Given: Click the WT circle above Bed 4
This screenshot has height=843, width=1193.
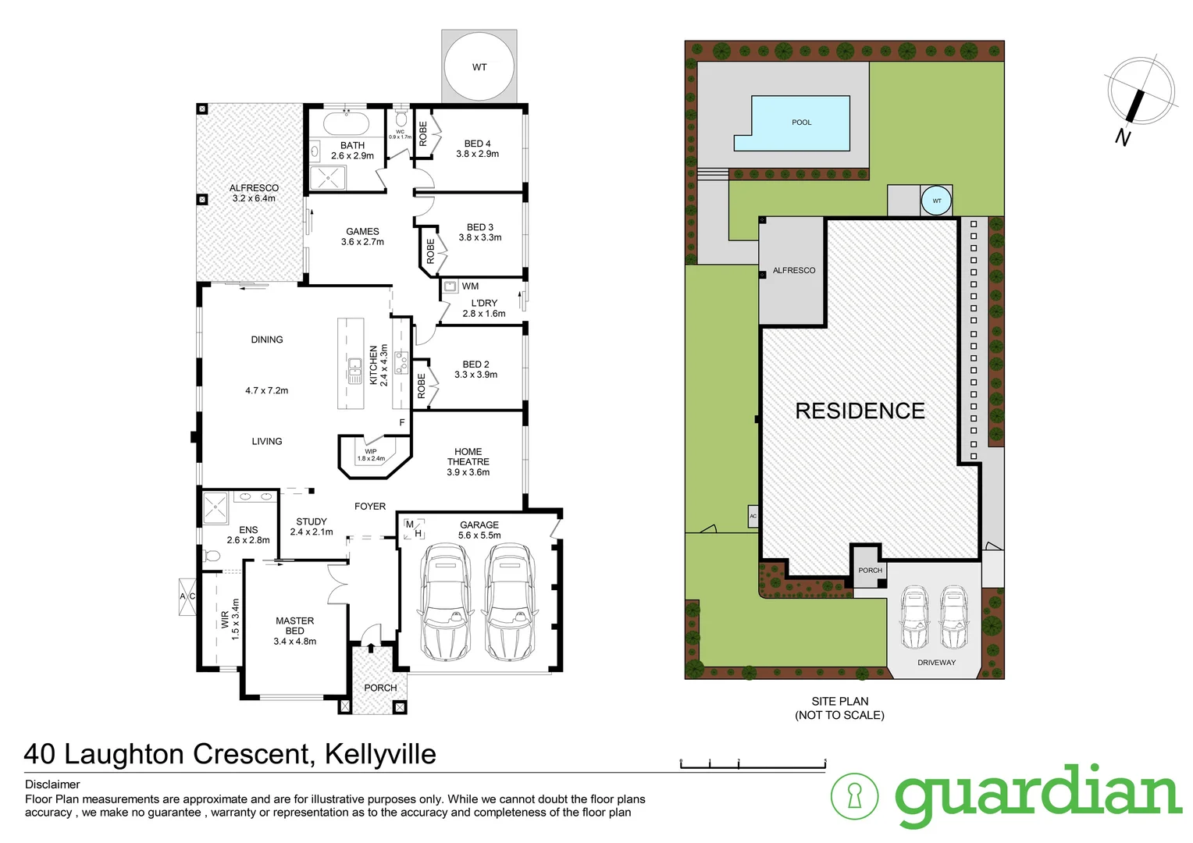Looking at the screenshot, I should click(x=479, y=66).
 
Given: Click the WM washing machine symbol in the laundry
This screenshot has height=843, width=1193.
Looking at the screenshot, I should click(x=450, y=286).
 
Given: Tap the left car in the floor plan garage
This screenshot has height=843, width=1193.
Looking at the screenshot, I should click(x=443, y=602).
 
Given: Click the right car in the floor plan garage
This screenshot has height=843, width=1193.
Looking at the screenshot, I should click(x=509, y=602).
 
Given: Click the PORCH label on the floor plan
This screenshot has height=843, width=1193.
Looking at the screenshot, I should click(x=380, y=688).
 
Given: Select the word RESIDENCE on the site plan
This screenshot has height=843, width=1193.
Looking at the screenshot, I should click(x=860, y=411).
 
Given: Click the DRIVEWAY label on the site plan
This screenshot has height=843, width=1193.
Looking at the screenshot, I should click(x=936, y=663).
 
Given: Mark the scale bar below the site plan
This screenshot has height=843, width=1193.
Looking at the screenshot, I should click(x=753, y=765).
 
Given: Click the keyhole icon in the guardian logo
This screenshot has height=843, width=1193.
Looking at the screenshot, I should click(x=854, y=796).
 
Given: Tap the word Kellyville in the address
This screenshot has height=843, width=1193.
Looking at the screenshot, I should click(x=379, y=754).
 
